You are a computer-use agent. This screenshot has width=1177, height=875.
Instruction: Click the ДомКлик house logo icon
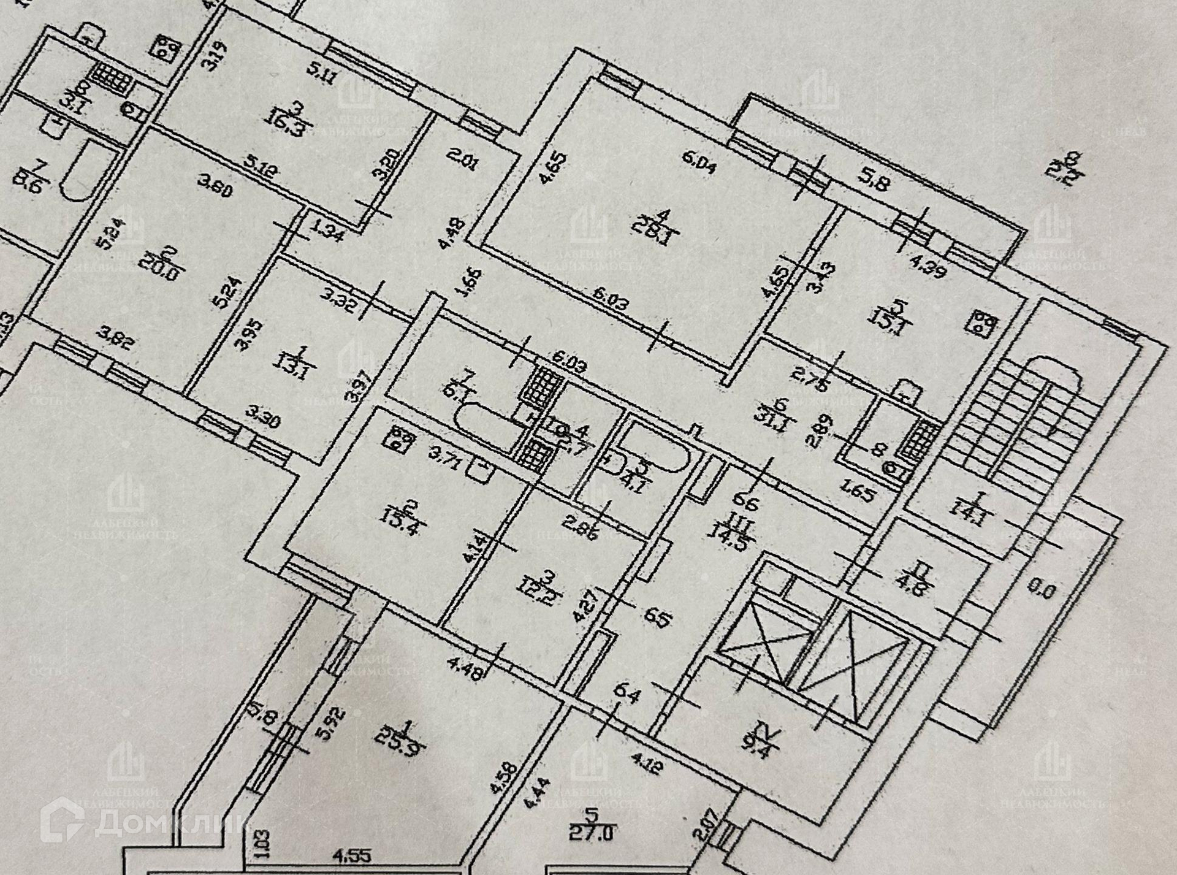[62, 820]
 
